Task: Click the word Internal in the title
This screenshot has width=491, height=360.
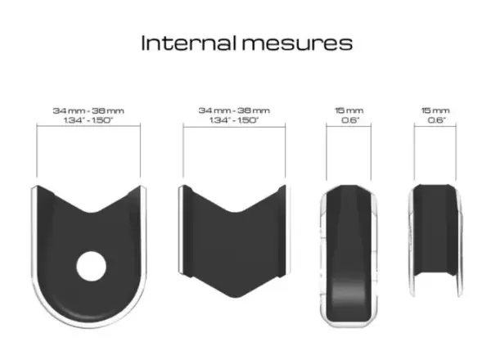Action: click(188, 43)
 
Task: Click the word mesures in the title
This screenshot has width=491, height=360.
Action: click(297, 44)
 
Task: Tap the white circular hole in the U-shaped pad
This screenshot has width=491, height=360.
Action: click(91, 266)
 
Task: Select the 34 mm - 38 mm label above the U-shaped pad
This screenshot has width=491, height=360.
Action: click(88, 110)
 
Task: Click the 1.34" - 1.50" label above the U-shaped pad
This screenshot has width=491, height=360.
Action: click(88, 120)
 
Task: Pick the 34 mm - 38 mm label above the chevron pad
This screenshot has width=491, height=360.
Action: click(234, 110)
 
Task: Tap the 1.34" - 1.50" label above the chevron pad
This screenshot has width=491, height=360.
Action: click(234, 120)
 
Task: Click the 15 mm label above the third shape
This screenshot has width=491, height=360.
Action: click(349, 110)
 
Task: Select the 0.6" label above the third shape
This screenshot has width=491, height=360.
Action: click(349, 120)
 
